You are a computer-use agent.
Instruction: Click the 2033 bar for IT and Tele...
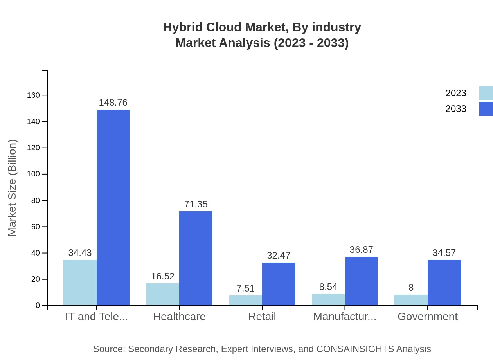pyautogui.click(x=113, y=207)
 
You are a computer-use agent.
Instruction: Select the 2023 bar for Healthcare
pyautogui.click(x=163, y=294)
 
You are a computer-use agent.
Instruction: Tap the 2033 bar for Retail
pyautogui.click(x=279, y=284)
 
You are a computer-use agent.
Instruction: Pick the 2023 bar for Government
pyautogui.click(x=411, y=300)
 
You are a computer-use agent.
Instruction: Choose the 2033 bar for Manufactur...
pyautogui.click(x=362, y=281)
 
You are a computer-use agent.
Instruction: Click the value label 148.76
pyautogui.click(x=113, y=103)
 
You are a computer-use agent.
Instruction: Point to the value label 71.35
pyautogui.click(x=196, y=204)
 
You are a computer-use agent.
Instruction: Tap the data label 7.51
pyautogui.click(x=245, y=288)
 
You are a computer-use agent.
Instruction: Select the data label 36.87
pyautogui.click(x=362, y=250)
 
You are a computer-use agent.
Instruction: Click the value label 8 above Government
pyautogui.click(x=411, y=288)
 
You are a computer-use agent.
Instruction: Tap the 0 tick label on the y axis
pyautogui.click(x=38, y=305)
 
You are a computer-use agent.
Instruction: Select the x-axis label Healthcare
pyautogui.click(x=179, y=317)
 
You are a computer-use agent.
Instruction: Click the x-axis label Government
pyautogui.click(x=427, y=317)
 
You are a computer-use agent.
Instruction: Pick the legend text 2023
pyautogui.click(x=456, y=93)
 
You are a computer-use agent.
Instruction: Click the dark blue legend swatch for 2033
pyautogui.click(x=486, y=109)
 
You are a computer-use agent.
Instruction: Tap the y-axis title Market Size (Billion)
pyautogui.click(x=13, y=188)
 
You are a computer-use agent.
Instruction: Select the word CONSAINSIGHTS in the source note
pyautogui.click(x=355, y=349)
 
